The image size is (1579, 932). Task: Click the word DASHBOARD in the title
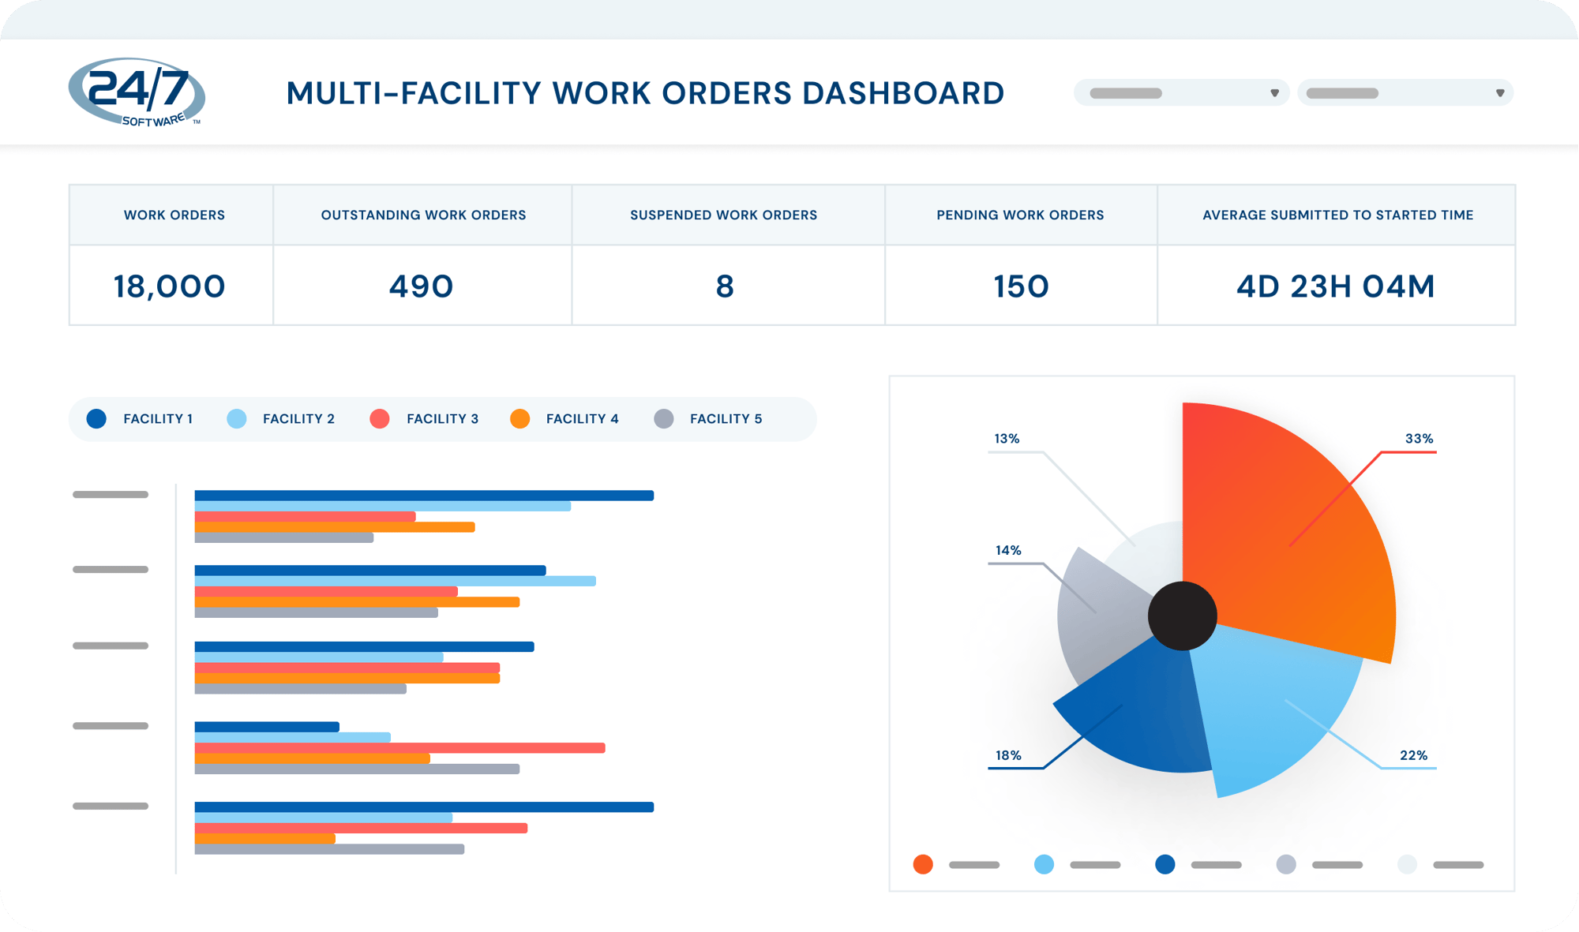click(x=902, y=93)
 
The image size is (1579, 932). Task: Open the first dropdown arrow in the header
click(x=1274, y=93)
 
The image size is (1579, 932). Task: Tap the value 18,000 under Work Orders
click(x=169, y=286)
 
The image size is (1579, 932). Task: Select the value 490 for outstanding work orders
click(x=421, y=286)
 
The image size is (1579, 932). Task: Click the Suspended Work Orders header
click(x=723, y=215)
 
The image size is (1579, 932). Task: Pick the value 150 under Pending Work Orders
click(x=1021, y=286)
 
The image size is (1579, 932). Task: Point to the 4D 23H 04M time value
click(x=1335, y=286)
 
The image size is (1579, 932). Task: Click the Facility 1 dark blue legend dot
click(x=96, y=419)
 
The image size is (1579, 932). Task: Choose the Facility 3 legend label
click(x=442, y=419)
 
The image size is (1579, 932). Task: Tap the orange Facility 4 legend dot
click(x=519, y=419)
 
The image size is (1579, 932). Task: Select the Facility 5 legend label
click(x=726, y=419)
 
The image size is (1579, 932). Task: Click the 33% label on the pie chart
click(x=1419, y=439)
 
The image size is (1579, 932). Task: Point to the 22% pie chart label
click(x=1413, y=755)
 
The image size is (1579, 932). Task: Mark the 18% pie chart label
click(x=1008, y=755)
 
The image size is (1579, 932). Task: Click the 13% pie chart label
click(x=1007, y=439)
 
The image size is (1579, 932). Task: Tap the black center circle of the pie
click(x=1182, y=616)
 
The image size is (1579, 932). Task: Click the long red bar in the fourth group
click(x=399, y=747)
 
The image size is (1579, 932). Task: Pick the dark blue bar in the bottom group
click(x=424, y=807)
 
